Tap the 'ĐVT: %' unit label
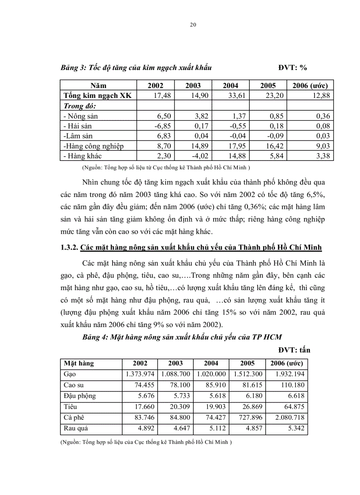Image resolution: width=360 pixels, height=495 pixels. [x=292, y=68]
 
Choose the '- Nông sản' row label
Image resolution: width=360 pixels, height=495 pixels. [x=81, y=116]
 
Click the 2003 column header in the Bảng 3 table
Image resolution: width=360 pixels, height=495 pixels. [x=193, y=86]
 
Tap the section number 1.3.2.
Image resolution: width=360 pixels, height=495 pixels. [x=69, y=248]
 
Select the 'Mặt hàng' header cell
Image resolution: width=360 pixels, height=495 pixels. [x=79, y=364]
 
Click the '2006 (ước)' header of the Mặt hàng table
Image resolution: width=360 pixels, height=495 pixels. [x=286, y=364]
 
